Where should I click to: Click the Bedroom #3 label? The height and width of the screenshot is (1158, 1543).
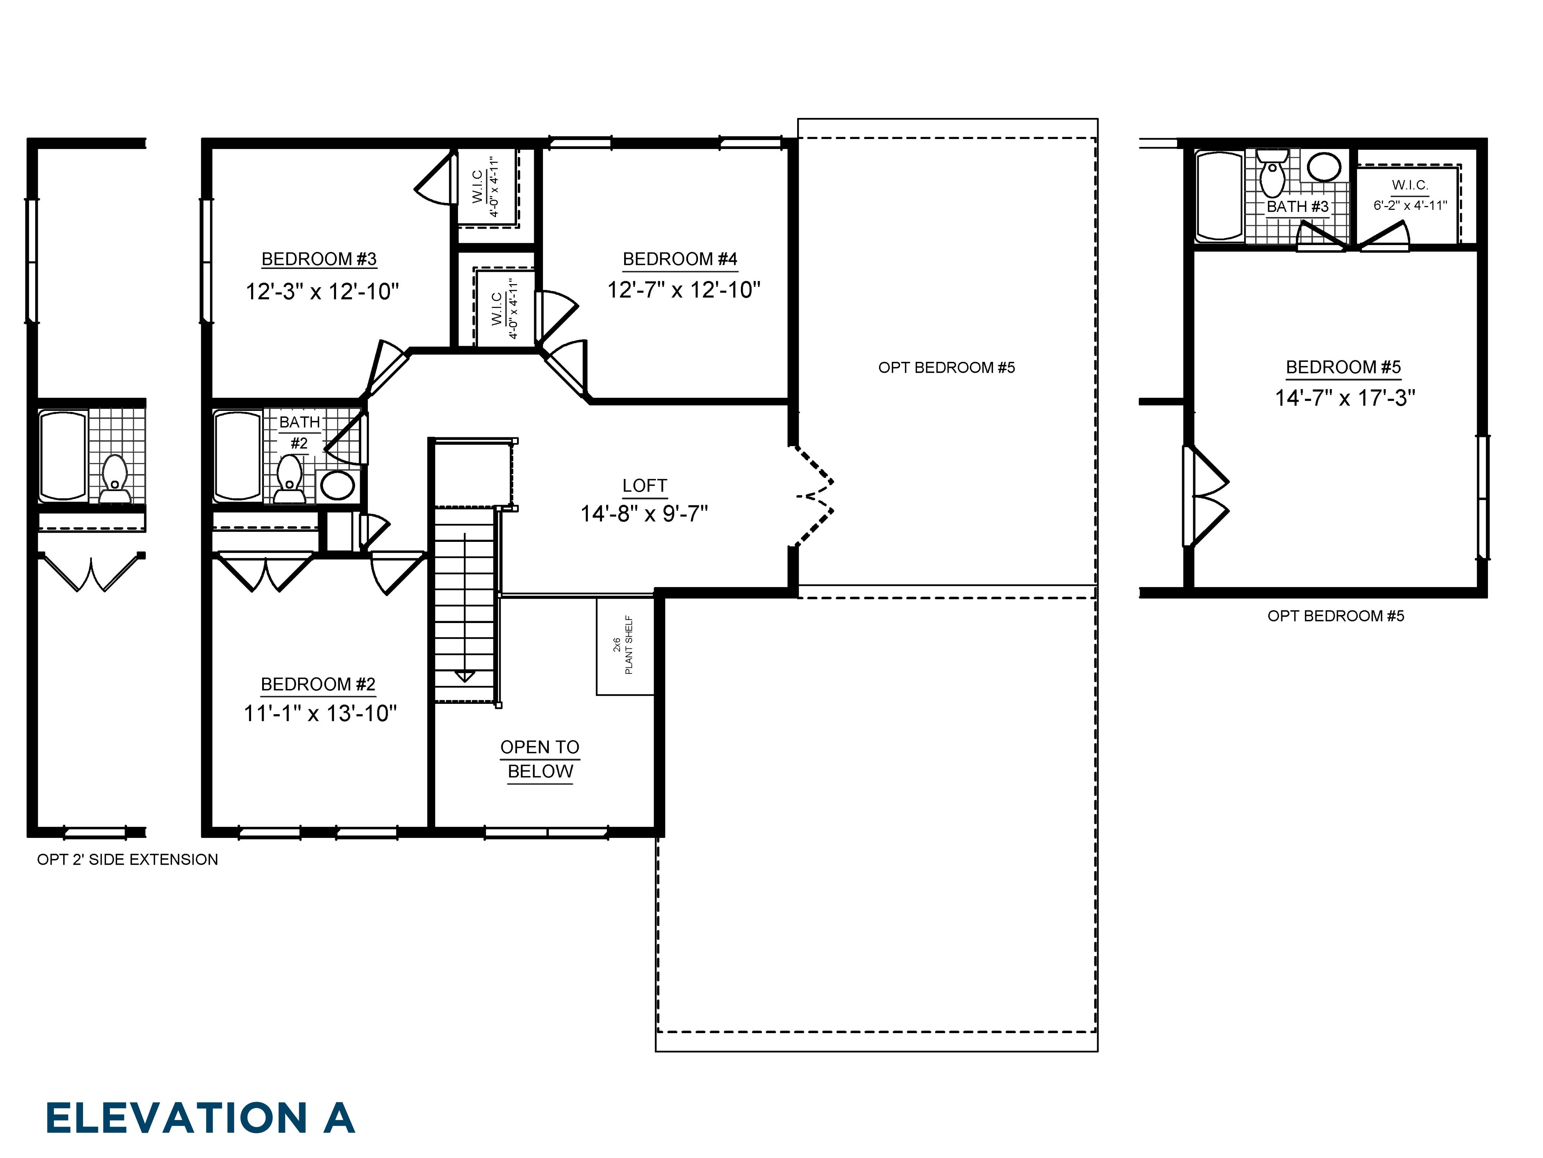click(319, 259)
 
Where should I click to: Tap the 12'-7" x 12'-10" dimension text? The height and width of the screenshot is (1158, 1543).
click(683, 289)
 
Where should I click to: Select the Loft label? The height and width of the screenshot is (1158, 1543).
click(644, 486)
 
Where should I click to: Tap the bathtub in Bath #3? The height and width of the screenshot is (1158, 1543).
click(1218, 196)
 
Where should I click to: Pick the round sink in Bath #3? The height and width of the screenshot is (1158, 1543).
click(1323, 167)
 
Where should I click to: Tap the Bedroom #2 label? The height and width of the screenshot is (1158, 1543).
click(318, 684)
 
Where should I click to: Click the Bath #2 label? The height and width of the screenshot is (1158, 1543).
click(299, 432)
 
